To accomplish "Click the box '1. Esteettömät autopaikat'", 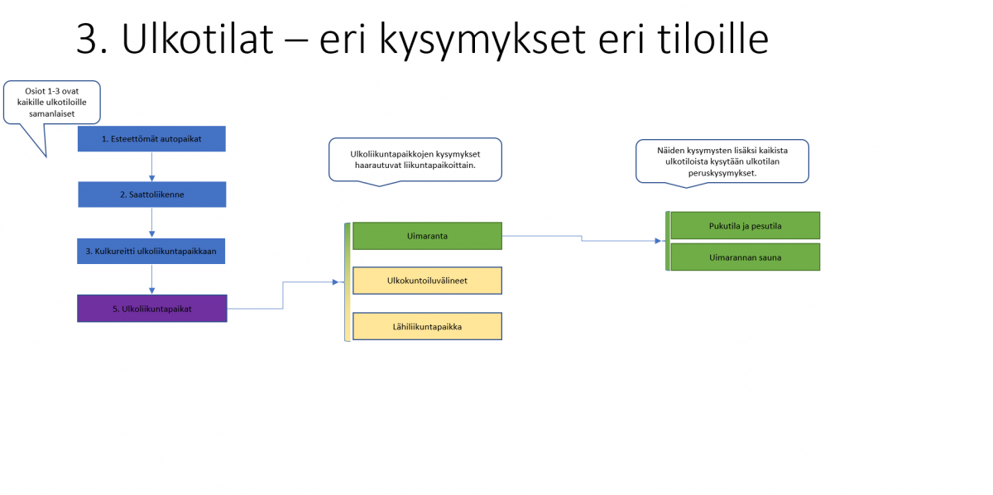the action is (x=151, y=139).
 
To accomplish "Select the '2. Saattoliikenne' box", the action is (x=152, y=195).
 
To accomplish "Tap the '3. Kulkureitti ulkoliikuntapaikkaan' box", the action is (x=151, y=251).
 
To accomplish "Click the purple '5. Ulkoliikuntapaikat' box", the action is (x=152, y=308).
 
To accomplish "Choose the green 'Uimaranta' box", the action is (x=427, y=236).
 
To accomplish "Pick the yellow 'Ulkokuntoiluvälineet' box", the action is (x=427, y=281).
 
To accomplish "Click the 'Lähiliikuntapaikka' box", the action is (x=427, y=326).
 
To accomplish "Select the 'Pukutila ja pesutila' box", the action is (x=746, y=225).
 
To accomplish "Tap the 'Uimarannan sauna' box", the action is (x=746, y=257).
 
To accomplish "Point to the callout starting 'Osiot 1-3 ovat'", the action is (x=52, y=103).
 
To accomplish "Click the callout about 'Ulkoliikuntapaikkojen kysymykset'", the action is (x=415, y=160).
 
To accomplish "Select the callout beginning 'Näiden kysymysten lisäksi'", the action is (x=722, y=161).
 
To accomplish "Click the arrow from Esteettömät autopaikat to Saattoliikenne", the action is (x=151, y=166).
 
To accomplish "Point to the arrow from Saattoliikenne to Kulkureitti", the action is (x=151, y=223).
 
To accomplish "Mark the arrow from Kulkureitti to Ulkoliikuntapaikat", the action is (x=151, y=280).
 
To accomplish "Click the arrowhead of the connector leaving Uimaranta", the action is (x=658, y=241).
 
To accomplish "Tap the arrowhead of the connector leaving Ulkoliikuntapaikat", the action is (x=336, y=282).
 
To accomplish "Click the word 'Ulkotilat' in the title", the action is (x=197, y=39).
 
